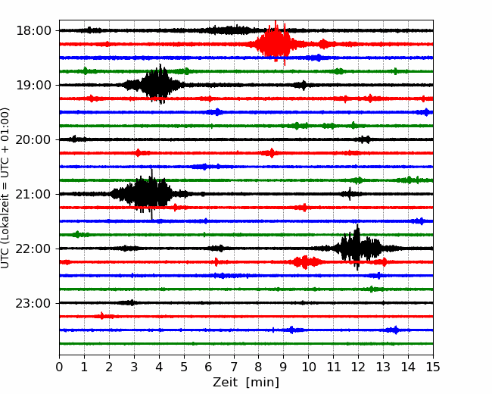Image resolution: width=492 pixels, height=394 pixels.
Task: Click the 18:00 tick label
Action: coord(33,31)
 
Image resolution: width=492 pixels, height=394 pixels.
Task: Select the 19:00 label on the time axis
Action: coord(33,85)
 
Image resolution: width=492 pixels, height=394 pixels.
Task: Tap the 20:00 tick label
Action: coord(33,139)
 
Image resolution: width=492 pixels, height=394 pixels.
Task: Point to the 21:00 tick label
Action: coord(33,194)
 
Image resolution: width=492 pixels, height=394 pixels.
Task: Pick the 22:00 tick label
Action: coord(33,249)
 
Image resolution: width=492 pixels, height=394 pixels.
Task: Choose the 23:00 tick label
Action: coord(33,303)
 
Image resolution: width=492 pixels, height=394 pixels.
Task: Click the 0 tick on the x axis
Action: coord(59,367)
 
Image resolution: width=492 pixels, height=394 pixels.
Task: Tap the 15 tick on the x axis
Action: coord(433,367)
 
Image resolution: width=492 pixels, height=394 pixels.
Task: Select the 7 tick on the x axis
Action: coord(234,367)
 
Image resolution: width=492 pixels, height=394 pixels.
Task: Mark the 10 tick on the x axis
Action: coord(308,367)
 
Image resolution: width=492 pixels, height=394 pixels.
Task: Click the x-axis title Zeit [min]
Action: coord(246,383)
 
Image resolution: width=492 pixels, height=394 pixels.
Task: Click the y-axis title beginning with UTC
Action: coord(5,188)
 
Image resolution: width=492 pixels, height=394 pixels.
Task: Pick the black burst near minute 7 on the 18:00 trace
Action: coord(229,30)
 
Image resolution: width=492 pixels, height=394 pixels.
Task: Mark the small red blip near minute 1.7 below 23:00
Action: coord(102,316)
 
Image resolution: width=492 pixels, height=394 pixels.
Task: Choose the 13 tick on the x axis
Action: coord(383,367)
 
